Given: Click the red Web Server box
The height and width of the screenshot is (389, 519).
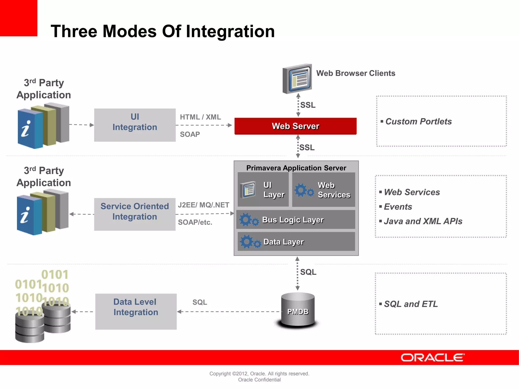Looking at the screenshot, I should [295, 126].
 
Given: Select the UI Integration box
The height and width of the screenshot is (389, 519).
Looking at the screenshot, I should [135, 125].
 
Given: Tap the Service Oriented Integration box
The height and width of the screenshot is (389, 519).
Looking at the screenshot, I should [135, 214].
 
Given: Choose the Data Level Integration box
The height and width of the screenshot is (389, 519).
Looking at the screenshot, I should [136, 311].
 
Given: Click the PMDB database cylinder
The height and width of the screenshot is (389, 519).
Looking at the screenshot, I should [298, 310].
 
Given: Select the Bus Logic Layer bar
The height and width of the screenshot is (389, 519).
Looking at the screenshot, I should [295, 220].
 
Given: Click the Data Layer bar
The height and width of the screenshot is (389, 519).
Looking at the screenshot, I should [296, 242].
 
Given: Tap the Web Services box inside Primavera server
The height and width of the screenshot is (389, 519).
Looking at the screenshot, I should [323, 190].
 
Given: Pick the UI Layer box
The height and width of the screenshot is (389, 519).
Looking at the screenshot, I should [263, 190].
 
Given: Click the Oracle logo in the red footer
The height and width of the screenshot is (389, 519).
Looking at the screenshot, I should [432, 358].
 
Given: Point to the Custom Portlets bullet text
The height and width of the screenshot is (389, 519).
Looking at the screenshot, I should [418, 122].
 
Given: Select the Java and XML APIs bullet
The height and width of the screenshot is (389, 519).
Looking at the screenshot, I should [423, 221].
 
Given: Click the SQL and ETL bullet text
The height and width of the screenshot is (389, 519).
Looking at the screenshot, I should [411, 304].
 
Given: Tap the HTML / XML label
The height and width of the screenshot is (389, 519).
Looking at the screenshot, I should [200, 117].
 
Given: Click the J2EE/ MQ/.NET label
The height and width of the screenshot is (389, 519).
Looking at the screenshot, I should [203, 205].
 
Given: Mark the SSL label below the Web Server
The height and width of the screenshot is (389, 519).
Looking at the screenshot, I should [307, 147].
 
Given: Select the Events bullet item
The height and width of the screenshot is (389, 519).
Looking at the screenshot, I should [398, 207].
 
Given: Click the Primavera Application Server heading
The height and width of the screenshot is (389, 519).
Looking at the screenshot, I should [296, 168].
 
